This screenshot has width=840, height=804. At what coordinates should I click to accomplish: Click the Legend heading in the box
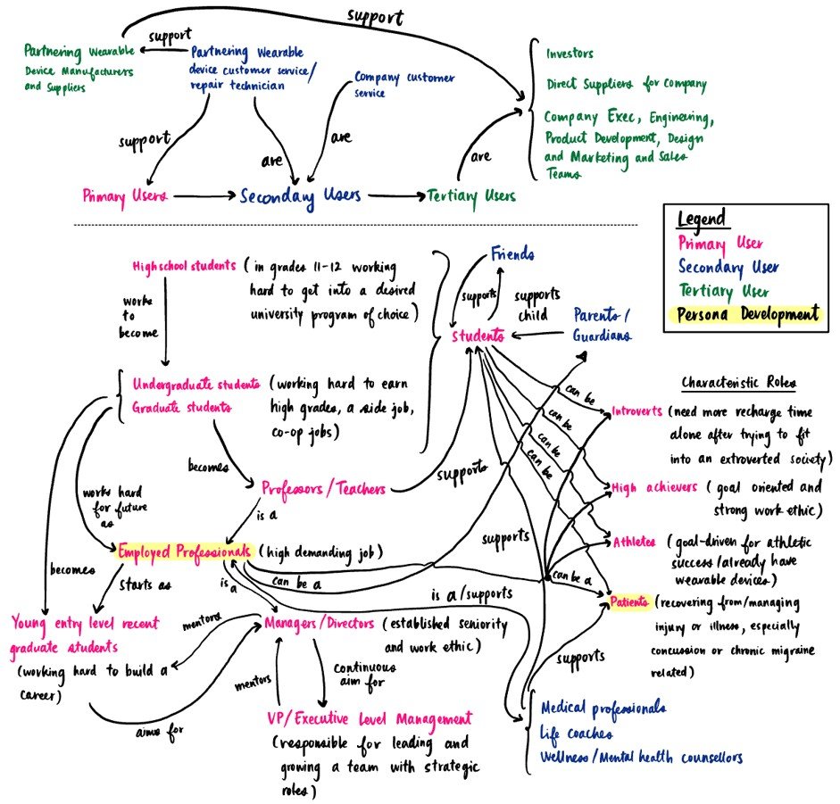(x=702, y=220)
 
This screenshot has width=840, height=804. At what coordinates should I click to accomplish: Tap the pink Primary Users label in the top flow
(x=124, y=195)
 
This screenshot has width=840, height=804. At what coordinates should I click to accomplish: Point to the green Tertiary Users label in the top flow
(x=470, y=195)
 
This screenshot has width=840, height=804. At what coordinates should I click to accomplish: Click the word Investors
(x=570, y=54)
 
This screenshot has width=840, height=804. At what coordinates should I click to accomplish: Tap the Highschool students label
(x=183, y=266)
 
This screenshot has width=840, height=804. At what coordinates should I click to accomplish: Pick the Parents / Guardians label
(x=604, y=325)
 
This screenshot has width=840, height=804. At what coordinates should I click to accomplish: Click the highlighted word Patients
(x=629, y=602)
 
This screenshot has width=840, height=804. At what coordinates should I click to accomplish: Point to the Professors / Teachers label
(x=323, y=489)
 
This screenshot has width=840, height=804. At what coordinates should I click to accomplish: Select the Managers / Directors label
(x=320, y=622)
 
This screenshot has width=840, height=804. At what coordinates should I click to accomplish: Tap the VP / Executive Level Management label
(x=369, y=718)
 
